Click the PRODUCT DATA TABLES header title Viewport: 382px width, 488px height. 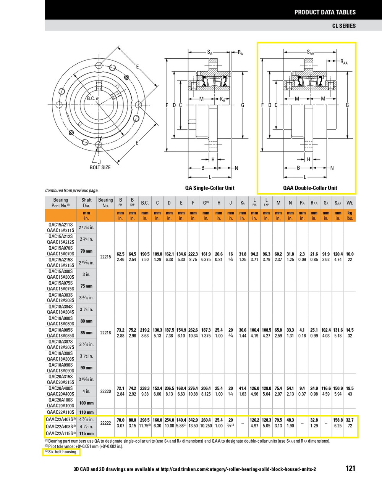click(325, 12)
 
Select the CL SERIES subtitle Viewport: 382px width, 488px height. click(343, 26)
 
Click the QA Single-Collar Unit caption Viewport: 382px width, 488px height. click(210, 188)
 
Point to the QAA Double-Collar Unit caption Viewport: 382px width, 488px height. click(310, 188)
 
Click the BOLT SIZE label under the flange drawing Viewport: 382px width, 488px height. click(100, 167)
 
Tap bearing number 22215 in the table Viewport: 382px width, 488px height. click(105, 257)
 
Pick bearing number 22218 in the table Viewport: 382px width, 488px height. click(105, 333)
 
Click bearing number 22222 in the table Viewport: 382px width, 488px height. click(105, 423)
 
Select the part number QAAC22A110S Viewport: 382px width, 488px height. click(60, 412)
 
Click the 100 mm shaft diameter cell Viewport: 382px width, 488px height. click(87, 403)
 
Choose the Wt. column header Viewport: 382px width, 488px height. click(350, 203)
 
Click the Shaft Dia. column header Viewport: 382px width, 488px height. click(87, 202)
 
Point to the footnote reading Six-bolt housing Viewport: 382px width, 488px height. click(61, 452)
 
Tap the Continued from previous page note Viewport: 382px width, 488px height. click(72, 190)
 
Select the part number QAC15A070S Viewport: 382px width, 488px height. click(61, 248)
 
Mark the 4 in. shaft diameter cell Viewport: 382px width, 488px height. click(87, 391)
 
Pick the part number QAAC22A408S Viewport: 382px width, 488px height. click(61, 427)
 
